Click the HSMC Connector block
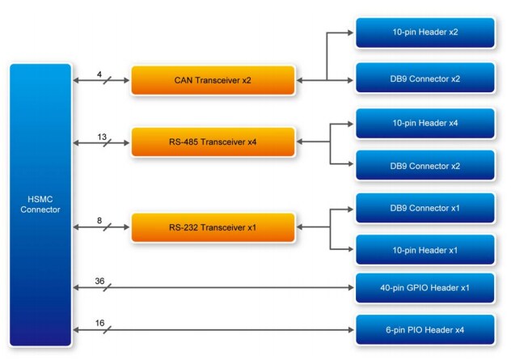40,204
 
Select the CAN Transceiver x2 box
213,80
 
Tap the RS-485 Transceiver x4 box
213,142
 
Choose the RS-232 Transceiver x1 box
213,227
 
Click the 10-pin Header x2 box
425,33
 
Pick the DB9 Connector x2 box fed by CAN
425,79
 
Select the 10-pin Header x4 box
425,123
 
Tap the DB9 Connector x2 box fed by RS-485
425,165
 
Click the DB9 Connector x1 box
425,207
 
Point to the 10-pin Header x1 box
425,249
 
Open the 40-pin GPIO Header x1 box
425,287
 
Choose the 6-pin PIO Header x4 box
425,329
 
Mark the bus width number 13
102,136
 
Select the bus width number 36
100,281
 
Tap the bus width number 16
100,323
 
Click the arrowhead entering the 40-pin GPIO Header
350,288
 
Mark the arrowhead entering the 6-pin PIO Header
350,330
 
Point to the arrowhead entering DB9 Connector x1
350,208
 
